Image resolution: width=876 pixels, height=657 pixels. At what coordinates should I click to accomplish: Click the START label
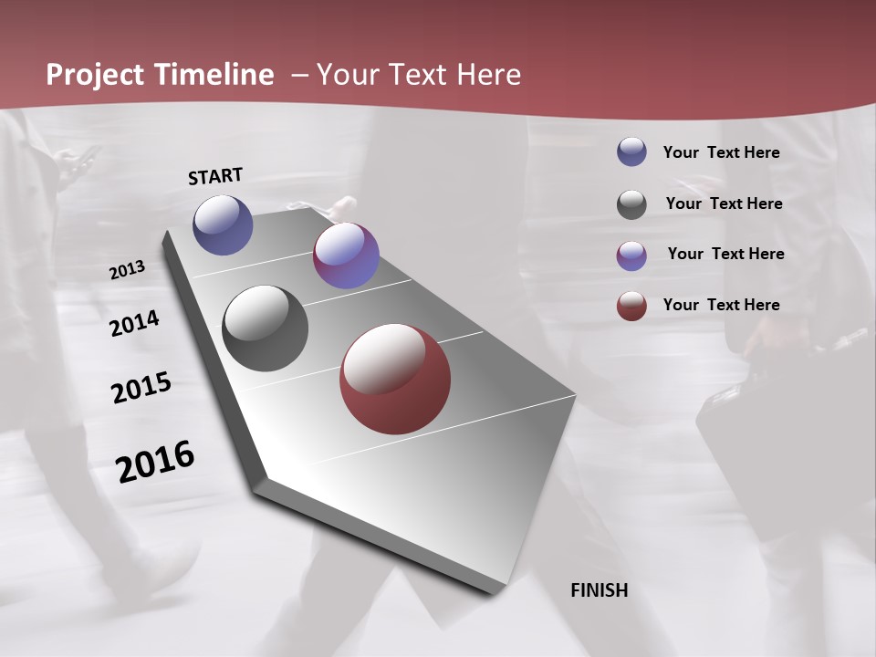215,176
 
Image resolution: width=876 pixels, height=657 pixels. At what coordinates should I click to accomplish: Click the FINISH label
599,590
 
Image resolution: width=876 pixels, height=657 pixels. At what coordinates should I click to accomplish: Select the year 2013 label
127,270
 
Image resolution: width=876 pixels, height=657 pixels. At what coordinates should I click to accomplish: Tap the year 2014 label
134,323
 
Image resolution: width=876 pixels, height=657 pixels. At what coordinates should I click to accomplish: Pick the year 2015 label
141,389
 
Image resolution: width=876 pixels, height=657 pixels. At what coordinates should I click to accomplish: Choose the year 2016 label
155,462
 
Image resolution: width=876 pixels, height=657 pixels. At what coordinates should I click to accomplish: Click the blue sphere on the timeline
223,224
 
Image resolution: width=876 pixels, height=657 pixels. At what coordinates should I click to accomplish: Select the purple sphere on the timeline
346,255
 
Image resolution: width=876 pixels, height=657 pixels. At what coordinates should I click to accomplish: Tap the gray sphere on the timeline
266,328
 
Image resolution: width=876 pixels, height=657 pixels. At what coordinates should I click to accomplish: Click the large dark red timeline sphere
395,379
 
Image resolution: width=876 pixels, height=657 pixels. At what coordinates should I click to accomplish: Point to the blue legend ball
631,152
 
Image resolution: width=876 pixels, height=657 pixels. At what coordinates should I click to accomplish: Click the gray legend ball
631,204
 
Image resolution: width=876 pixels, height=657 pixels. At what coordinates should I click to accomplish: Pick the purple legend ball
631,255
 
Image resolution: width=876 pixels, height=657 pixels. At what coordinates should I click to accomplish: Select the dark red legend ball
631,306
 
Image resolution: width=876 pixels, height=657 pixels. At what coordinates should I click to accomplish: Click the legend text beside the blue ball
721,153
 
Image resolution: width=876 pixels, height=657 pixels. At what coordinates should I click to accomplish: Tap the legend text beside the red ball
721,305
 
